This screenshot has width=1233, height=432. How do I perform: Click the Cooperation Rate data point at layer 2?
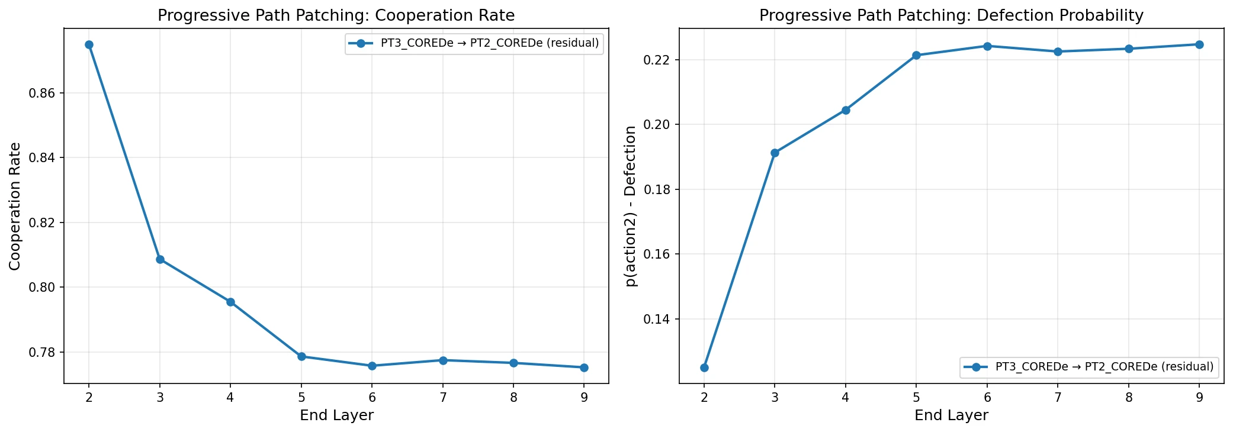coord(89,44)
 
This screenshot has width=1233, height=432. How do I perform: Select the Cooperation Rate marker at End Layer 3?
coord(160,259)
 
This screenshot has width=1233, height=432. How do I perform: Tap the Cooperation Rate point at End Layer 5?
coord(301,356)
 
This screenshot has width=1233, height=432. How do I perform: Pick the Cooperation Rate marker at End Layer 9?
coord(584,367)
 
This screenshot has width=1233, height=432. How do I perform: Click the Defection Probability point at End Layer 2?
coord(704,367)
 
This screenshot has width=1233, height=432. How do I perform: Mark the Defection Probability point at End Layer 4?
coord(846,110)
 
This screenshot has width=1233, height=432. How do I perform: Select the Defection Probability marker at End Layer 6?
coord(987,46)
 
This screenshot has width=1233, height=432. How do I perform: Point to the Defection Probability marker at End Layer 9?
coord(1199,44)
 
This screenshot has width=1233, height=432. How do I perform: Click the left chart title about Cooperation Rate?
coord(336,15)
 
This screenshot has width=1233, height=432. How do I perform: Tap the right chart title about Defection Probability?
coord(951,15)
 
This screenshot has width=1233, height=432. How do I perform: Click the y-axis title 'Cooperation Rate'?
coord(15,206)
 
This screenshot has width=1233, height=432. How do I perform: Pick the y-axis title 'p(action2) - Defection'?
coord(631,206)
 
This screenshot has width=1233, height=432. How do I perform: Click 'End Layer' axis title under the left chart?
coord(336,415)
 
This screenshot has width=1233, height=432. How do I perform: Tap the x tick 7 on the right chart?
coord(1058,398)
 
